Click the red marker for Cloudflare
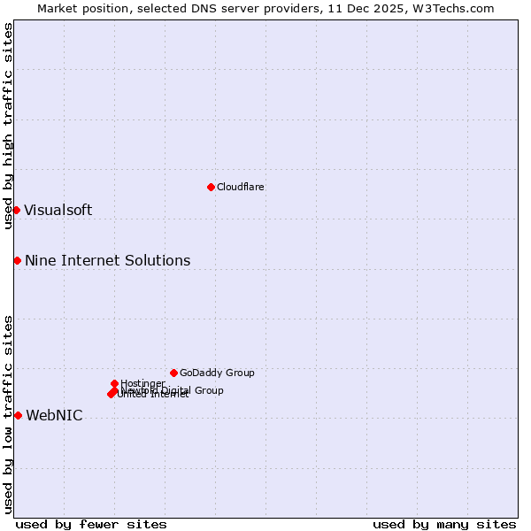pos(211,187)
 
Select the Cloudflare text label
pos(240,187)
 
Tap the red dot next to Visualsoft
pos(16,210)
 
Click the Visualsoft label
pos(58,210)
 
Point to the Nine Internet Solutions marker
pos(17,260)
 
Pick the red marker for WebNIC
pos(18,415)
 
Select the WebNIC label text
pos(54,415)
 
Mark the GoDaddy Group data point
pos(173,373)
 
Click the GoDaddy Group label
pos(217,373)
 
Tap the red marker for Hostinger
pos(114,383)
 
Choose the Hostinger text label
pos(142,383)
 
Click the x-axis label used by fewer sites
pos(91,524)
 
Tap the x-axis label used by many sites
pos(444,524)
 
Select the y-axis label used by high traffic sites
pos(8,126)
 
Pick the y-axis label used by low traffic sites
pos(8,413)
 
